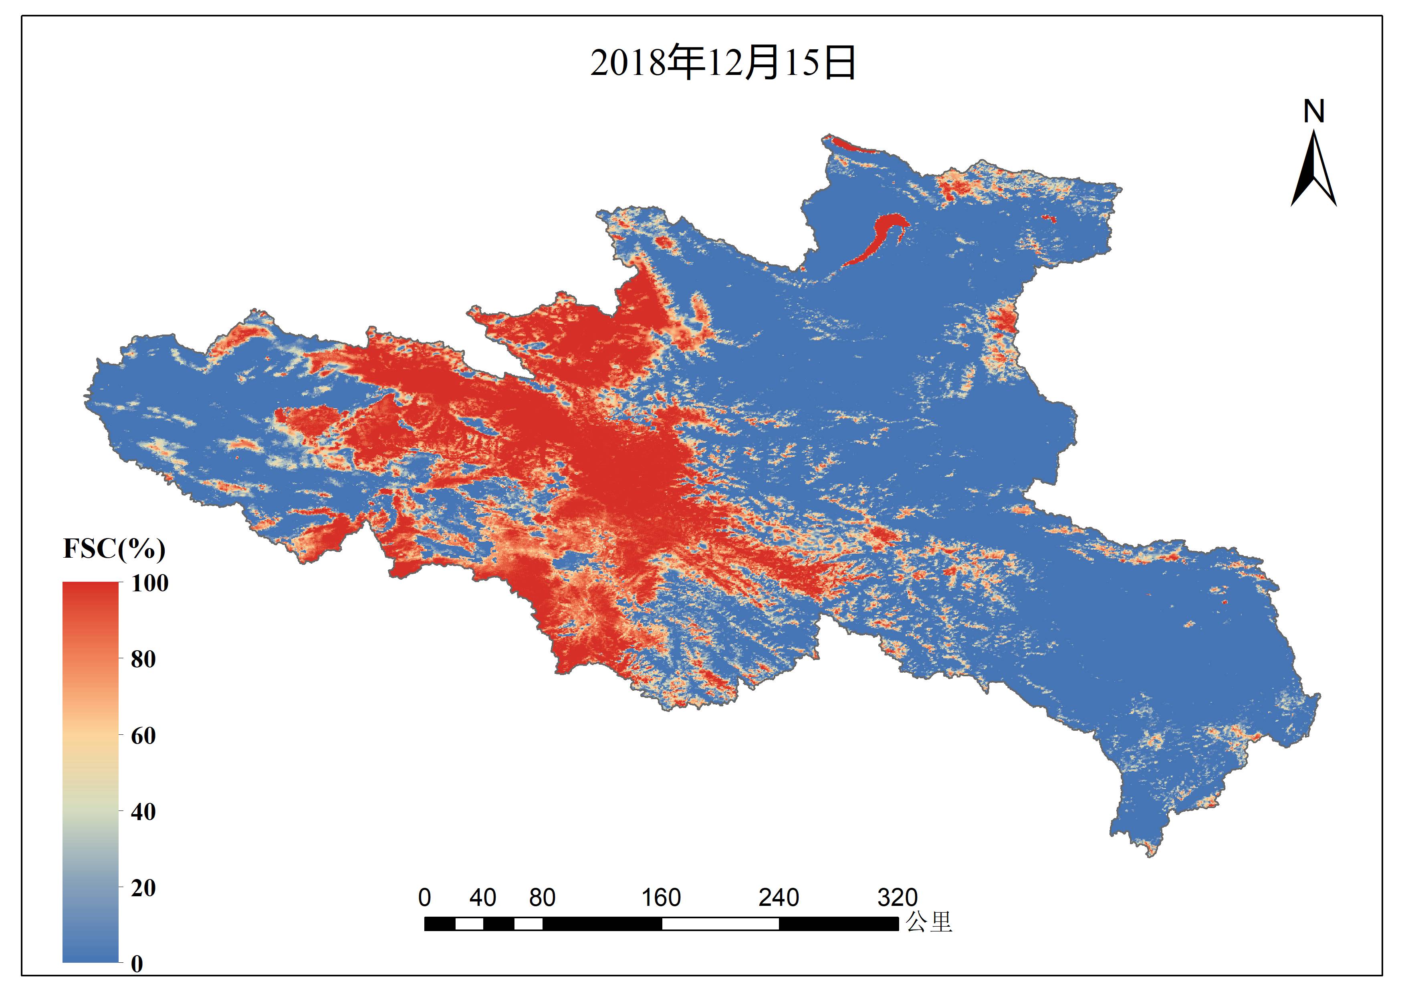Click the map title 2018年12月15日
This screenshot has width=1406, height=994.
722,63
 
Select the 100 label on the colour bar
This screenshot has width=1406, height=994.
149,583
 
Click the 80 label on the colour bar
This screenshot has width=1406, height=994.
143,659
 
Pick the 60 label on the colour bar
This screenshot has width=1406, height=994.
143,736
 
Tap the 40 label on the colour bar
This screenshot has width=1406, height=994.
143,812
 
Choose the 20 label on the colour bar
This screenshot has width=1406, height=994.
143,888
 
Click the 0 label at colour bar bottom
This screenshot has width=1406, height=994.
137,964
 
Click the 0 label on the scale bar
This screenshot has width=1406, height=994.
424,898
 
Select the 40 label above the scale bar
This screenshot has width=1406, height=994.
482,898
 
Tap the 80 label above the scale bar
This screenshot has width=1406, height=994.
542,898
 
